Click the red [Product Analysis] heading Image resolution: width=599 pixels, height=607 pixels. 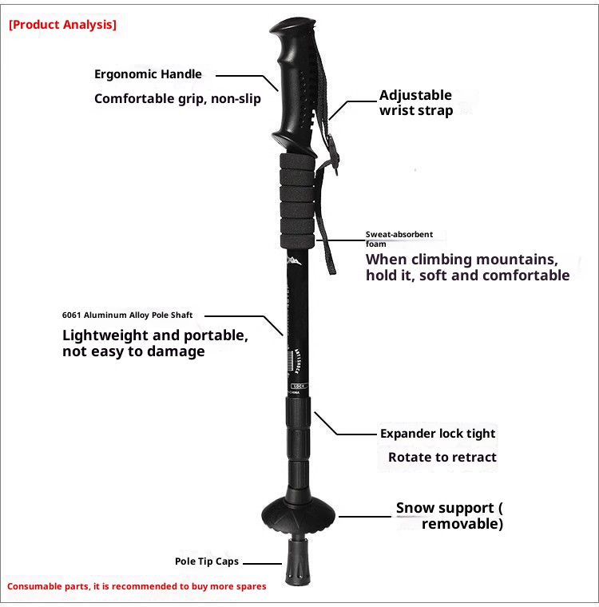pos(62,25)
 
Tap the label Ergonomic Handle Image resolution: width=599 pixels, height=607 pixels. pos(148,74)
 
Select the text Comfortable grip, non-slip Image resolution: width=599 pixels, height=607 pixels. pos(177,99)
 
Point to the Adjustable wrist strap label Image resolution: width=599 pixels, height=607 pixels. pos(415,103)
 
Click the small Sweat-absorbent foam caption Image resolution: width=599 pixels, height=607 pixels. pos(399,238)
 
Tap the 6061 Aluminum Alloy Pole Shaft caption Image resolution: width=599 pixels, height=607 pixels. pos(127,315)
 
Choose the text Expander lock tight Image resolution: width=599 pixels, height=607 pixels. pos(438,434)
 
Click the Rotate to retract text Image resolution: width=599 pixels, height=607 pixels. pos(442,458)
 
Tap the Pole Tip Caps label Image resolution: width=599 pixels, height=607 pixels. pos(206,561)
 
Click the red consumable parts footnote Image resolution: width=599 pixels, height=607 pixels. pos(137,586)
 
